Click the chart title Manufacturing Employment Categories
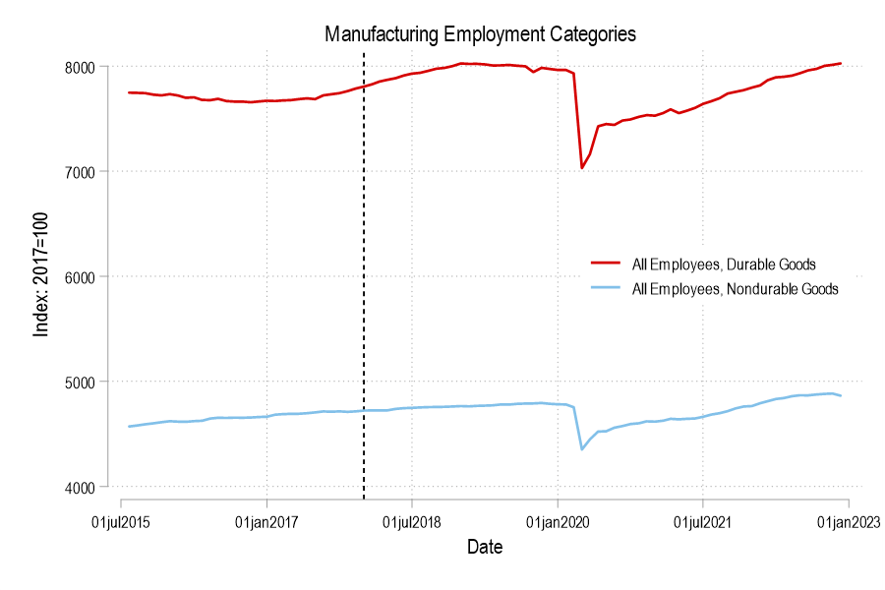click(481, 34)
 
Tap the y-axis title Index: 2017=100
click(41, 277)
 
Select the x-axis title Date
click(485, 547)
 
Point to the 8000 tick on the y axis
click(81, 67)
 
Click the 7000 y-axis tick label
click(81, 172)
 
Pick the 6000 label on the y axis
click(81, 276)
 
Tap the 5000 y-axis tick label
click(81, 382)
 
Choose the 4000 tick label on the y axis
click(81, 487)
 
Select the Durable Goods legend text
click(724, 265)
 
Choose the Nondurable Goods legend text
click(736, 289)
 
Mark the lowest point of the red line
click(582, 168)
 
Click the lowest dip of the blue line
click(582, 449)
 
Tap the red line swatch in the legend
click(605, 265)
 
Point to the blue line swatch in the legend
click(605, 289)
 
